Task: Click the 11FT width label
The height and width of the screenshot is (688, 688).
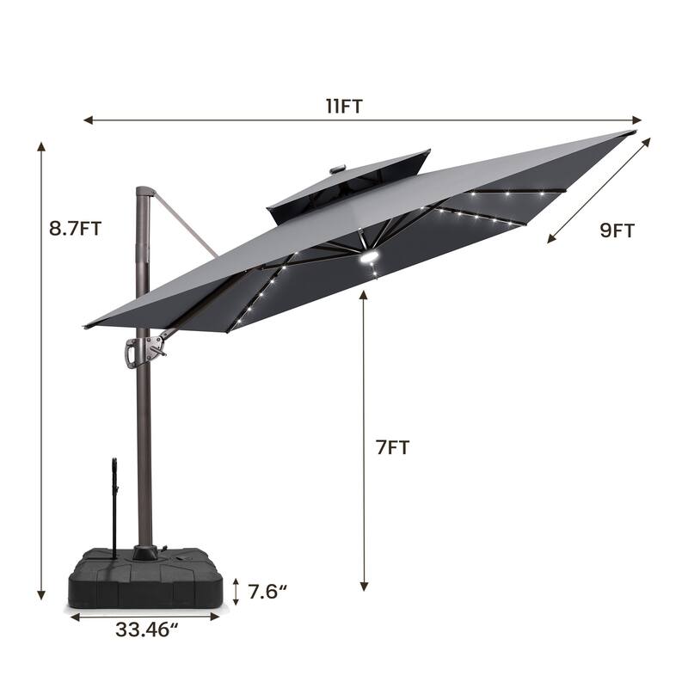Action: pos(344,106)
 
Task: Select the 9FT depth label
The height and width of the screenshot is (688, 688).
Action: pos(617,230)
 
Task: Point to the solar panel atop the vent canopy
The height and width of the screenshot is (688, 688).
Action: pos(333,169)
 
